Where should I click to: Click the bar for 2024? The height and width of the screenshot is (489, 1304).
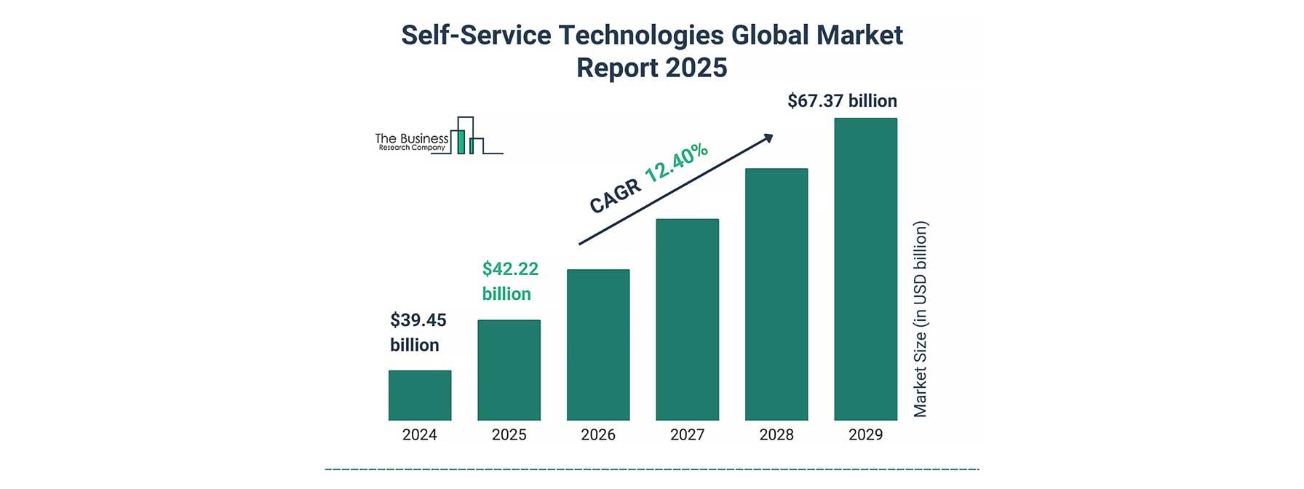(x=420, y=395)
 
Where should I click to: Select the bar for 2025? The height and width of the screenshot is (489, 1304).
(x=509, y=370)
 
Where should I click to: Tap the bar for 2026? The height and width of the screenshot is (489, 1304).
(x=598, y=344)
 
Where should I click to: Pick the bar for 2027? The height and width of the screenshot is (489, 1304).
(x=687, y=319)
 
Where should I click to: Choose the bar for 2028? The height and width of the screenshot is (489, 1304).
(x=776, y=294)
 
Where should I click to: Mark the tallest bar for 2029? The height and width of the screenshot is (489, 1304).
(x=865, y=269)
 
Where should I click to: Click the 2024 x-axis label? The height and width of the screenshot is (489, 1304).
(x=420, y=435)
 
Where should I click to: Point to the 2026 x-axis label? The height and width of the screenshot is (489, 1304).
(x=598, y=435)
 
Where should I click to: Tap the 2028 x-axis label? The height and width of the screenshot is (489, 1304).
(x=776, y=435)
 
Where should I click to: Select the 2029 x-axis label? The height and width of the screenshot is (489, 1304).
(x=865, y=435)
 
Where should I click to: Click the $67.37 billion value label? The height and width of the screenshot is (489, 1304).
(x=842, y=101)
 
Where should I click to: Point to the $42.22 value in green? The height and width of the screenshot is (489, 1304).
(x=510, y=269)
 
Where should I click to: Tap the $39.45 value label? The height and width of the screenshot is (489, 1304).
(x=418, y=320)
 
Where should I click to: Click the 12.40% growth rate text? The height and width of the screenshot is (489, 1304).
(x=676, y=163)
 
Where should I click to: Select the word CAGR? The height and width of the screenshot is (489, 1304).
(x=616, y=197)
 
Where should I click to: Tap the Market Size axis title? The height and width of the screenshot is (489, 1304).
(x=921, y=319)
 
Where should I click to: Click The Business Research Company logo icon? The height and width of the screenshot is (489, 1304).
(x=466, y=136)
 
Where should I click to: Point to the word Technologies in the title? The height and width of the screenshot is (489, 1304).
(x=641, y=35)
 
